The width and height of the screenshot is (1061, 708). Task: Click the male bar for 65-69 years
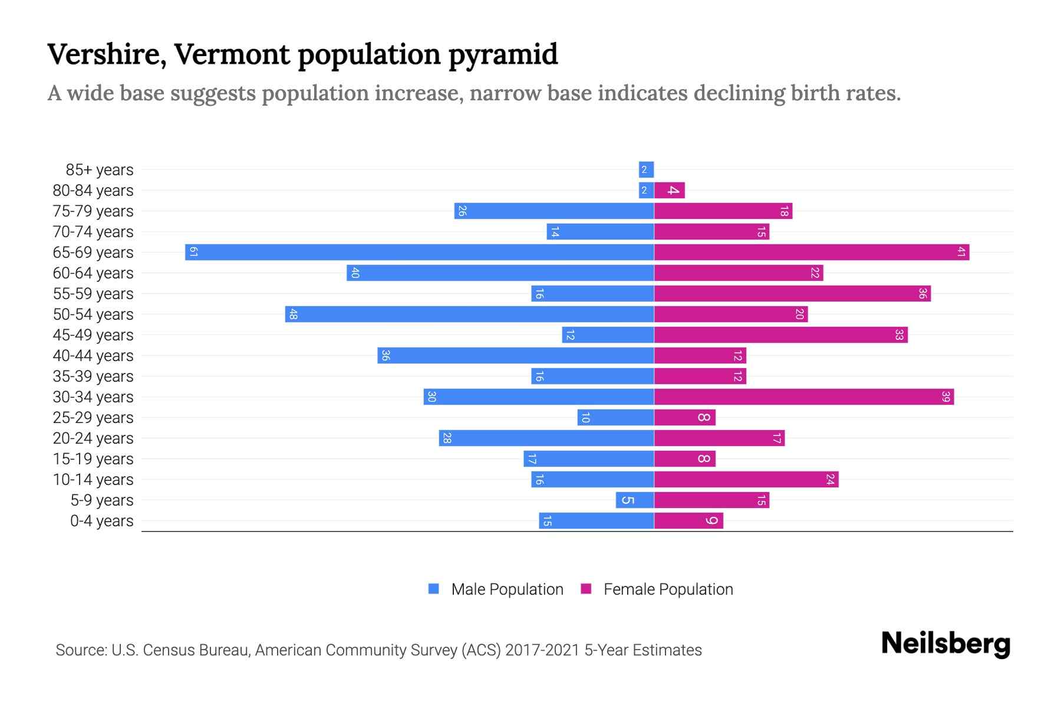[x=419, y=252]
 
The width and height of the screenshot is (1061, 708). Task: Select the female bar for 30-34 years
[x=803, y=396]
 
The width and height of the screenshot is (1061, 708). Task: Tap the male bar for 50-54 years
[x=469, y=314]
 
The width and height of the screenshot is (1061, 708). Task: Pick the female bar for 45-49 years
[x=780, y=335]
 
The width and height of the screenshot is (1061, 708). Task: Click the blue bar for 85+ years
[x=646, y=169]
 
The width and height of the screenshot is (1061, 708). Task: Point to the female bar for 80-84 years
[x=669, y=190]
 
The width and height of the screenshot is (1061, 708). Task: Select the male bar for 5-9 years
[x=634, y=500]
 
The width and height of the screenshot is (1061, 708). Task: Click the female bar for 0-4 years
[x=688, y=520]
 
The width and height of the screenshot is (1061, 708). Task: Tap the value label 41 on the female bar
[x=961, y=252]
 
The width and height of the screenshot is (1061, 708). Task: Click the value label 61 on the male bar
[x=193, y=252]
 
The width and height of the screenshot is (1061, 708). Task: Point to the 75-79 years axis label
[x=93, y=211]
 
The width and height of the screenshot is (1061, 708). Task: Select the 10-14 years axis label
[x=93, y=480]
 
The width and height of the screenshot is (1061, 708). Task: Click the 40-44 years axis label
[x=93, y=356]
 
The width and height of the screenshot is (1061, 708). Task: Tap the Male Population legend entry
[x=496, y=589]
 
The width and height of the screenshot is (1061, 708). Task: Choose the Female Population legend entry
[x=657, y=589]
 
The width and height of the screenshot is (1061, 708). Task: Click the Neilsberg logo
[x=945, y=643]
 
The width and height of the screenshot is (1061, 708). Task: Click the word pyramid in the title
[x=503, y=54]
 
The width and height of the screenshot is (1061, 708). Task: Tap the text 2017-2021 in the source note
[x=542, y=650]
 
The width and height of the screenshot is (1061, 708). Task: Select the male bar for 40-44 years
[x=516, y=355]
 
